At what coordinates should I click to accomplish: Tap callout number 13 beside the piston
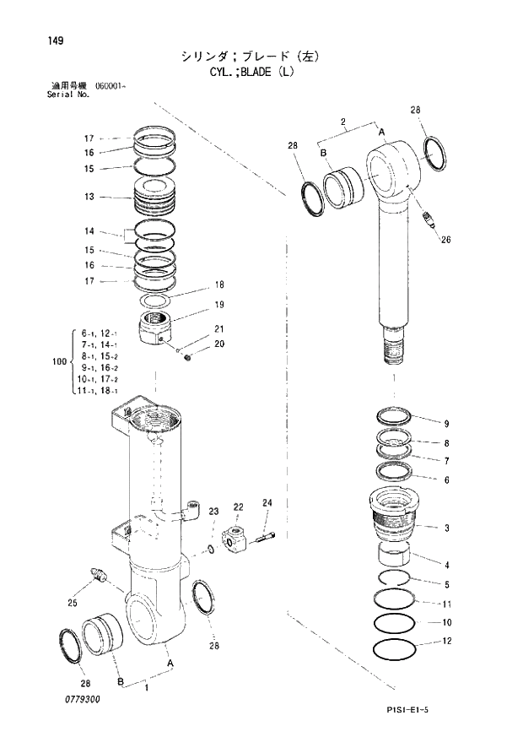[89, 197]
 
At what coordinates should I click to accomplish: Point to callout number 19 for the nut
[218, 305]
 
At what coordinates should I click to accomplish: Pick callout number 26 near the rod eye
[445, 239]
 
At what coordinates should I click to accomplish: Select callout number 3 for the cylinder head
[447, 528]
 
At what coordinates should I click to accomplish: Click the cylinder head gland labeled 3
[396, 512]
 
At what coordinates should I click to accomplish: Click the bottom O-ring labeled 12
[395, 653]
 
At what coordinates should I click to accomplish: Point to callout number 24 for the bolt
[267, 504]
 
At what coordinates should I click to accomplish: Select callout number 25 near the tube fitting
[71, 602]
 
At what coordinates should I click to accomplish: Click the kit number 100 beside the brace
[58, 362]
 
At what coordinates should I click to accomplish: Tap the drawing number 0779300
[82, 700]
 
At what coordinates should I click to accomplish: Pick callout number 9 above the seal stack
[447, 423]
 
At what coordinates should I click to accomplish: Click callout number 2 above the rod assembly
[343, 122]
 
